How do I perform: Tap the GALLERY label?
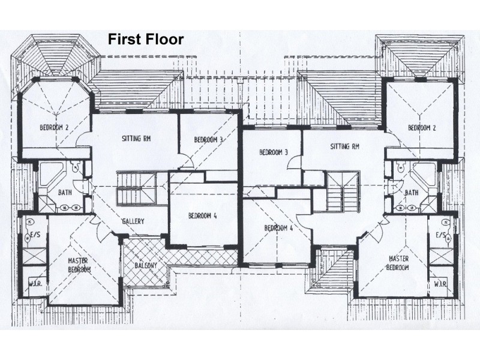click(x=133, y=221)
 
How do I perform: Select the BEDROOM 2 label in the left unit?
click(x=55, y=127)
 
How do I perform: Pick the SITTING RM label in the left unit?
click(x=136, y=139)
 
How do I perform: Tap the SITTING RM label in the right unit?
click(x=344, y=146)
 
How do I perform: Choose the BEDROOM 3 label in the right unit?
click(x=274, y=152)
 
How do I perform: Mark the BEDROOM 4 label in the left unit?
click(x=202, y=216)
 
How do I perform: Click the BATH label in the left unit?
click(x=65, y=193)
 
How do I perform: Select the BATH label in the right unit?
click(x=412, y=193)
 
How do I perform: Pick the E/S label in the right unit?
click(x=442, y=235)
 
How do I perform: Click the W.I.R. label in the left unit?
click(x=34, y=284)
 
